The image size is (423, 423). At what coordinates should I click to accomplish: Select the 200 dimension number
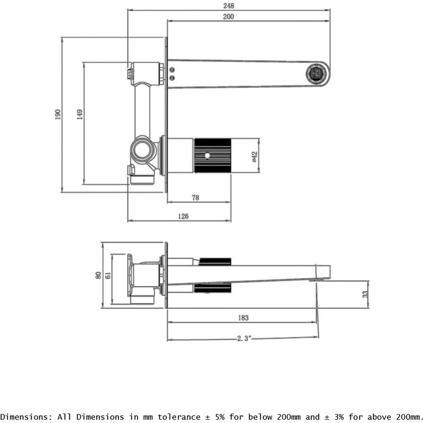coord(228,16)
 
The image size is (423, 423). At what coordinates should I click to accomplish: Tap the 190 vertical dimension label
coord(58,114)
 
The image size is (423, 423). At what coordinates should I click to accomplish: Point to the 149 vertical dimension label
coord(79,114)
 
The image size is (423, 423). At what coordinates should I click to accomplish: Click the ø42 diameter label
coord(254,156)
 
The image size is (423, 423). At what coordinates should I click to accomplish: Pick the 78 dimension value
coord(195,198)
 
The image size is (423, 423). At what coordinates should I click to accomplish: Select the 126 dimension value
coord(182,216)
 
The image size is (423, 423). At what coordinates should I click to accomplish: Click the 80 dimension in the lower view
coord(98,275)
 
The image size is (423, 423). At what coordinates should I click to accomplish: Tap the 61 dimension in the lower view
coord(108,275)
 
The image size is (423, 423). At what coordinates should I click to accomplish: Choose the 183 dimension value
coord(243,318)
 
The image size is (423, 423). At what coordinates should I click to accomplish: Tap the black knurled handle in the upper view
coord(213,155)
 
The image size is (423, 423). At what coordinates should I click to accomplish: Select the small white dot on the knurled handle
coord(206,156)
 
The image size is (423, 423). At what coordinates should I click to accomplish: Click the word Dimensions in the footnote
coord(23,417)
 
